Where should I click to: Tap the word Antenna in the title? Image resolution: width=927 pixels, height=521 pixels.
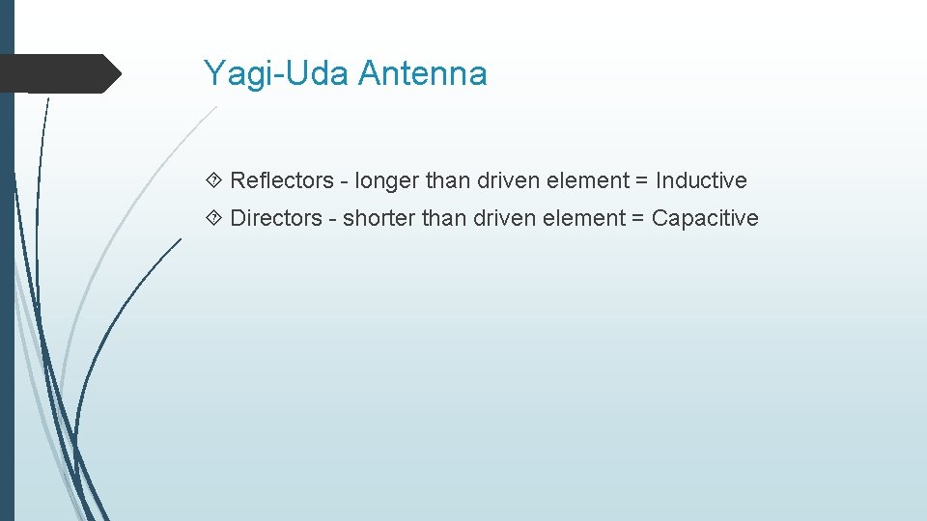coord(422,74)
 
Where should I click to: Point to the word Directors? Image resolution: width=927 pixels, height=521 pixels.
coord(276,218)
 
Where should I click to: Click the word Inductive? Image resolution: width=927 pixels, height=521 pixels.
coord(701,180)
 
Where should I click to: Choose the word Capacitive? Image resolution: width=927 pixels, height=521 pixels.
coord(705,218)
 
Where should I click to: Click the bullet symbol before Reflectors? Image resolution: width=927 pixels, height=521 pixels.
coord(213,180)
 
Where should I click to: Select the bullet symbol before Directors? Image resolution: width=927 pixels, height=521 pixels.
coord(213,218)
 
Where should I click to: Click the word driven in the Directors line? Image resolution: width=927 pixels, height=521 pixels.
coord(502,218)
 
